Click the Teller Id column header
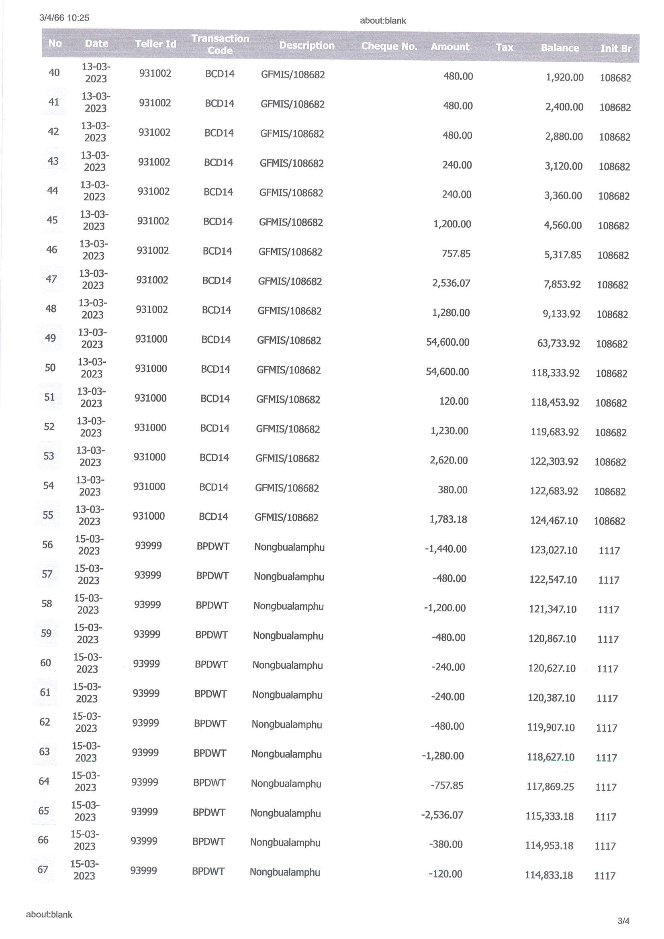[x=155, y=44]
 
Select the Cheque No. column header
[x=389, y=46]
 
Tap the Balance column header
[x=560, y=48]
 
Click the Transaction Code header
[x=220, y=44]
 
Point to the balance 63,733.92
[x=558, y=343]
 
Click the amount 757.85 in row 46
[x=456, y=253]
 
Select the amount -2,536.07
[x=442, y=815]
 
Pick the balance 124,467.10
[x=554, y=520]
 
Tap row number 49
[x=50, y=338]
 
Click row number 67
[x=43, y=870]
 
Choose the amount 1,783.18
[x=448, y=519]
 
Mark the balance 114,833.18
[x=549, y=875]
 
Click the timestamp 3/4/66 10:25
[x=64, y=18]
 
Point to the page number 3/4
[x=623, y=921]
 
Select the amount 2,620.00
[x=448, y=460]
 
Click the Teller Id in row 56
[x=148, y=545]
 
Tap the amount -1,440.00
[x=445, y=549]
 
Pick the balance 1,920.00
[x=565, y=77]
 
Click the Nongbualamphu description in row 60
[x=288, y=665]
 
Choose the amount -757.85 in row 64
[x=447, y=785]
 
